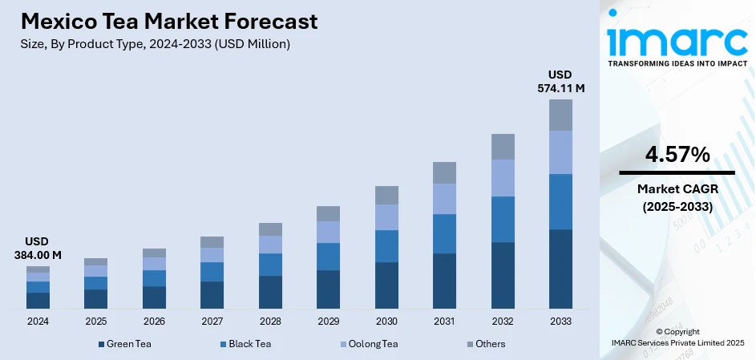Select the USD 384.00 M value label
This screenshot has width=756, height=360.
point(38,248)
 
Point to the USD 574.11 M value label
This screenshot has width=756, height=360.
point(560,82)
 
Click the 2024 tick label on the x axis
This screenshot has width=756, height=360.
point(38,321)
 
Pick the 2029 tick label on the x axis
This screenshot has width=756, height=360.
point(328,321)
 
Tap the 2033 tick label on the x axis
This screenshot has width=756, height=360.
point(560,321)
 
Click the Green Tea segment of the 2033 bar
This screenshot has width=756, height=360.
point(560,269)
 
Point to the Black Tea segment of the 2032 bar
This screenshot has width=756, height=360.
point(503,219)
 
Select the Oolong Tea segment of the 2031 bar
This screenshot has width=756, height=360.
point(444,199)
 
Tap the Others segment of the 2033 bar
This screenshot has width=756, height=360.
point(560,115)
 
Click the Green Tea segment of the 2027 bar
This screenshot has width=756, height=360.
point(212,295)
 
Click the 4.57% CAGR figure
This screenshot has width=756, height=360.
point(677,155)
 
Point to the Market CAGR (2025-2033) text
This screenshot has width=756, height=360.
point(677,197)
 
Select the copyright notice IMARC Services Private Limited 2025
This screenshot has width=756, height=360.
point(677,342)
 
